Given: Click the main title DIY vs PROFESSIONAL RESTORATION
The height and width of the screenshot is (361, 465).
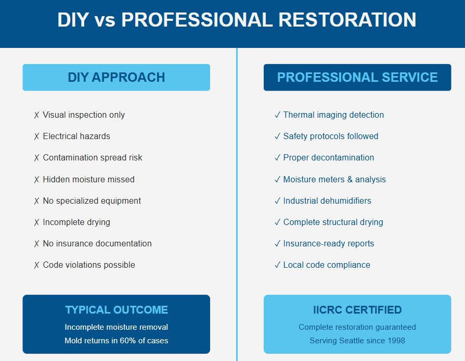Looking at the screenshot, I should point(237,20).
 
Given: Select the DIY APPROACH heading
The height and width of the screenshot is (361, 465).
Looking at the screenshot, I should point(116,77).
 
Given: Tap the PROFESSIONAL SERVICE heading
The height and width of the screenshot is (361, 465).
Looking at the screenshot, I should point(357,77).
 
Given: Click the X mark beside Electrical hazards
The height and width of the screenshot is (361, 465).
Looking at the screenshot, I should point(36,136).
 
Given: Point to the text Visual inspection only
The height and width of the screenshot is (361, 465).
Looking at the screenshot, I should point(84,115).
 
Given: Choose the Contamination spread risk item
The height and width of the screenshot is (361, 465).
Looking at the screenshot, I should point(92,157).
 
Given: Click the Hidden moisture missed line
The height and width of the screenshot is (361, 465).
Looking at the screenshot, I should point(88,179).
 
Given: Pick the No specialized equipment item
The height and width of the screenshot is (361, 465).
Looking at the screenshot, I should point(92,201).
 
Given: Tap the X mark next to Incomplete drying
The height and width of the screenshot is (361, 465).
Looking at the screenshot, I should point(36,222).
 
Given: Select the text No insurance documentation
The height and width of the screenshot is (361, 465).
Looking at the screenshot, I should point(97,243).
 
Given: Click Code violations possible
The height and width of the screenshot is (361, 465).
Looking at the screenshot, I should point(89,265).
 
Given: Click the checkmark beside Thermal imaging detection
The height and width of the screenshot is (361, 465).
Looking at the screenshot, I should point(277,115).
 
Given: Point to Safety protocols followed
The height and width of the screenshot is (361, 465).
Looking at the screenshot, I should point(330,136).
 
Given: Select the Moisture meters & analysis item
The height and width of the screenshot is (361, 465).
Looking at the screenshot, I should point(334,179).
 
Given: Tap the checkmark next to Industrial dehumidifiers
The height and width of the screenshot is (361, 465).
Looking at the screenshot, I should point(277,201).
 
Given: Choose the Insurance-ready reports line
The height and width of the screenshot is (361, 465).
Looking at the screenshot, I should point(328,243).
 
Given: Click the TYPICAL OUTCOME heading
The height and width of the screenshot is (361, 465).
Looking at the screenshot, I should point(117,310).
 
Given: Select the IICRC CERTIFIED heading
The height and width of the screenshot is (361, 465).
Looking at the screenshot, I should point(357,310).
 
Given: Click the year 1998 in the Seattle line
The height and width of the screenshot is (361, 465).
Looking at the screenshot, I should point(395,341).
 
